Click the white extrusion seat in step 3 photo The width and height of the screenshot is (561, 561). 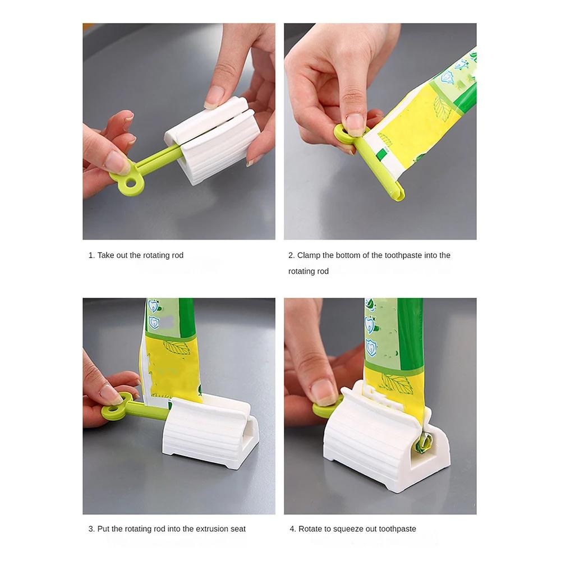click(x=210, y=435)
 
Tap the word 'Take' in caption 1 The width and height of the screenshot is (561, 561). click(x=105, y=255)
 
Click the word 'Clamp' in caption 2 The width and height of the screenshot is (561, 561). click(x=309, y=255)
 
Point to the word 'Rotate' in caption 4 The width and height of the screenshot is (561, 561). click(x=310, y=528)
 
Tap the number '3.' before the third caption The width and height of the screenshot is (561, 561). click(x=91, y=528)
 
